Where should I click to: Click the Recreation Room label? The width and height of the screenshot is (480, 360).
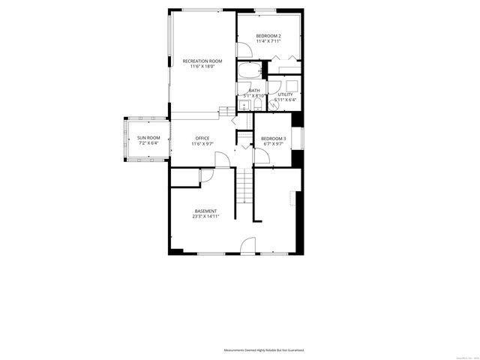tap(202, 61)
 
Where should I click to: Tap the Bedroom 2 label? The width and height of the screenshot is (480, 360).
tap(268, 36)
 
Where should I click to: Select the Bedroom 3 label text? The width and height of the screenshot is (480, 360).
tap(272, 139)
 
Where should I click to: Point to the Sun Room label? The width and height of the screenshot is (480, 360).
tap(148, 138)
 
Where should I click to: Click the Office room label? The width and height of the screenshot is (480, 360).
tap(202, 138)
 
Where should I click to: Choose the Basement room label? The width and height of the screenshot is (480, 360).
tap(205, 211)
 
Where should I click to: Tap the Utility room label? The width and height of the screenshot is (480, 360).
tap(285, 94)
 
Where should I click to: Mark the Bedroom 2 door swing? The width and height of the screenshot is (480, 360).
tap(244, 49)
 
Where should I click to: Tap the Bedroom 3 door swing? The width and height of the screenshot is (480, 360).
tap(262, 156)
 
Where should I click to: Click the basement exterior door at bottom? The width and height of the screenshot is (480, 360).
tap(248, 246)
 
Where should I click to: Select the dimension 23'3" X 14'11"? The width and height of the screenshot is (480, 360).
tap(205, 217)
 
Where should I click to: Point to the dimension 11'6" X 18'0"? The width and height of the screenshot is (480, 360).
tap(202, 67)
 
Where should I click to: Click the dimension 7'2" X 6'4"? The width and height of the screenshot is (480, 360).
tap(148, 143)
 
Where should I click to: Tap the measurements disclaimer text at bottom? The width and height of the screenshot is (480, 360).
tap(268, 350)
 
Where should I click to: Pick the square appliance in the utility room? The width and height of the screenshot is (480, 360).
tap(292, 84)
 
